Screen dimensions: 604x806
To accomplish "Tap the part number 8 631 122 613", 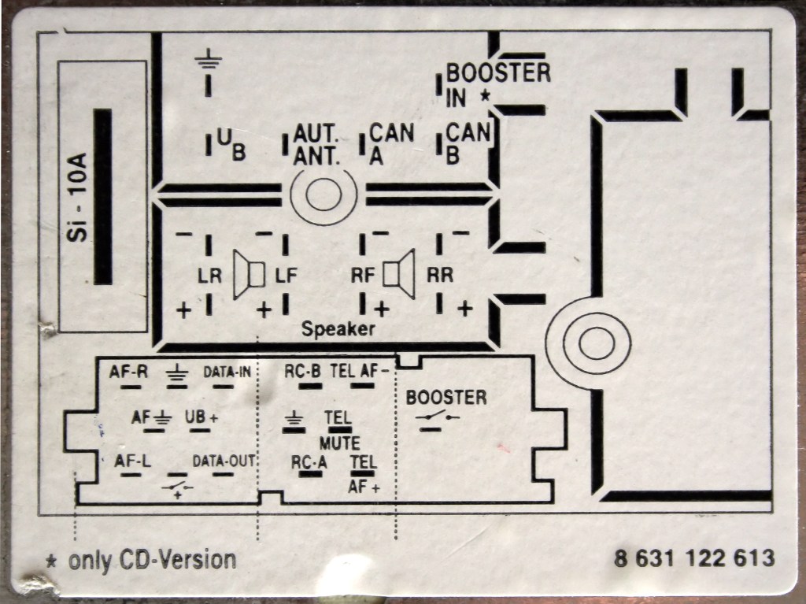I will pos(694,558).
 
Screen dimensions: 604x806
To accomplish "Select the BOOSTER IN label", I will pos(497,83).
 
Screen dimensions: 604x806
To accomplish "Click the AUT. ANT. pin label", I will pos(316,144).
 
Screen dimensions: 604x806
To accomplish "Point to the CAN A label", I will pos(391,144).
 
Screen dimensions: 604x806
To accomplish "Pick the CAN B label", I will pos(468,144).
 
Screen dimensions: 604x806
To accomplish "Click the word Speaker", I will pos(338,330).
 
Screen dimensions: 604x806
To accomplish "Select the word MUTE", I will pos(340,443).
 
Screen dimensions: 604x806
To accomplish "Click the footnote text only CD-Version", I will pos(152,561).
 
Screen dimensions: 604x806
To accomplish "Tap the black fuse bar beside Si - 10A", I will pos(103,197).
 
